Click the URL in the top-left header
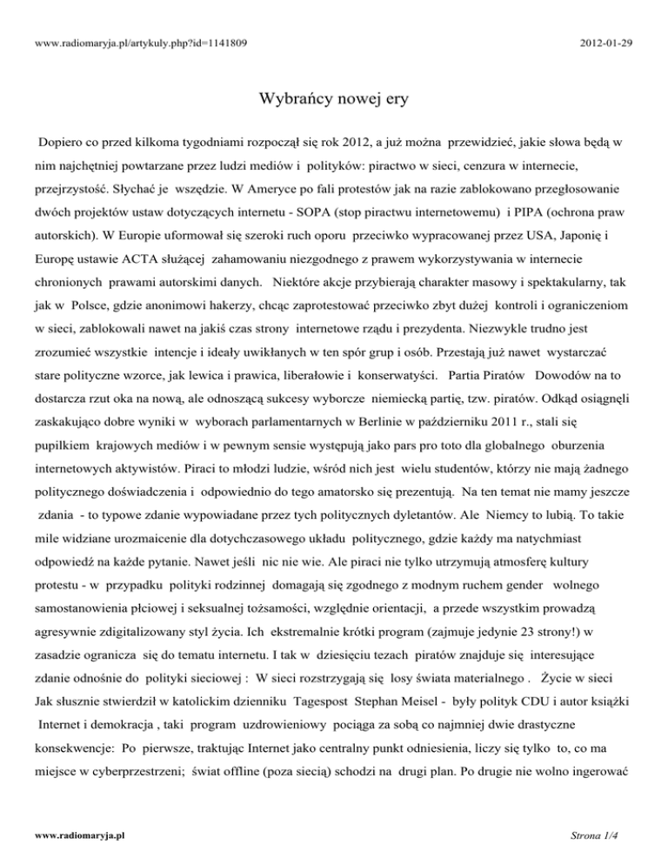coord(127,40)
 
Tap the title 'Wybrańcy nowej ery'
coord(334,100)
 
